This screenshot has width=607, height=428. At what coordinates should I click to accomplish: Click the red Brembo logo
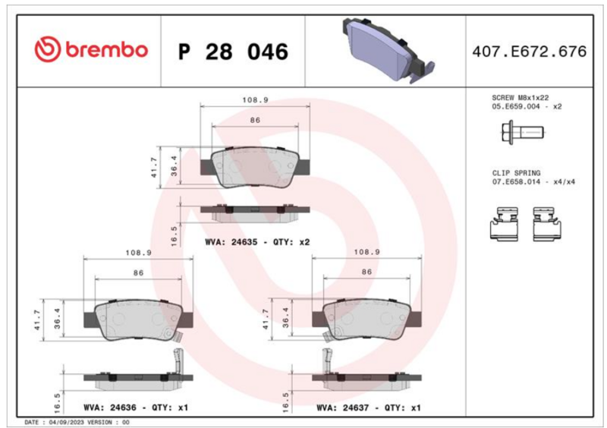click(x=91, y=49)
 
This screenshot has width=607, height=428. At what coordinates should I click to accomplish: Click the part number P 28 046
click(x=234, y=52)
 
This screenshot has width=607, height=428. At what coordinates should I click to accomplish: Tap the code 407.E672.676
click(x=529, y=52)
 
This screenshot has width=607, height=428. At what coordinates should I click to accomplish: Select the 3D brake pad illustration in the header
click(x=388, y=50)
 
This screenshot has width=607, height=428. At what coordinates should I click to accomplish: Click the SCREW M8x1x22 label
click(x=520, y=98)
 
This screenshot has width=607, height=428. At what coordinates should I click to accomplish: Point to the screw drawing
click(x=523, y=133)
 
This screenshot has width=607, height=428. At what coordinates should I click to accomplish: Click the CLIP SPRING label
click(x=516, y=173)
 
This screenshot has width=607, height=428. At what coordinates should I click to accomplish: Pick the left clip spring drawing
click(x=504, y=224)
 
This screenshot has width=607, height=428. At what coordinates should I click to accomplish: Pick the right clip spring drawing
click(x=547, y=224)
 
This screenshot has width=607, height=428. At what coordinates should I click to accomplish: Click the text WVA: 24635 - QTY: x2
click(x=257, y=242)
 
